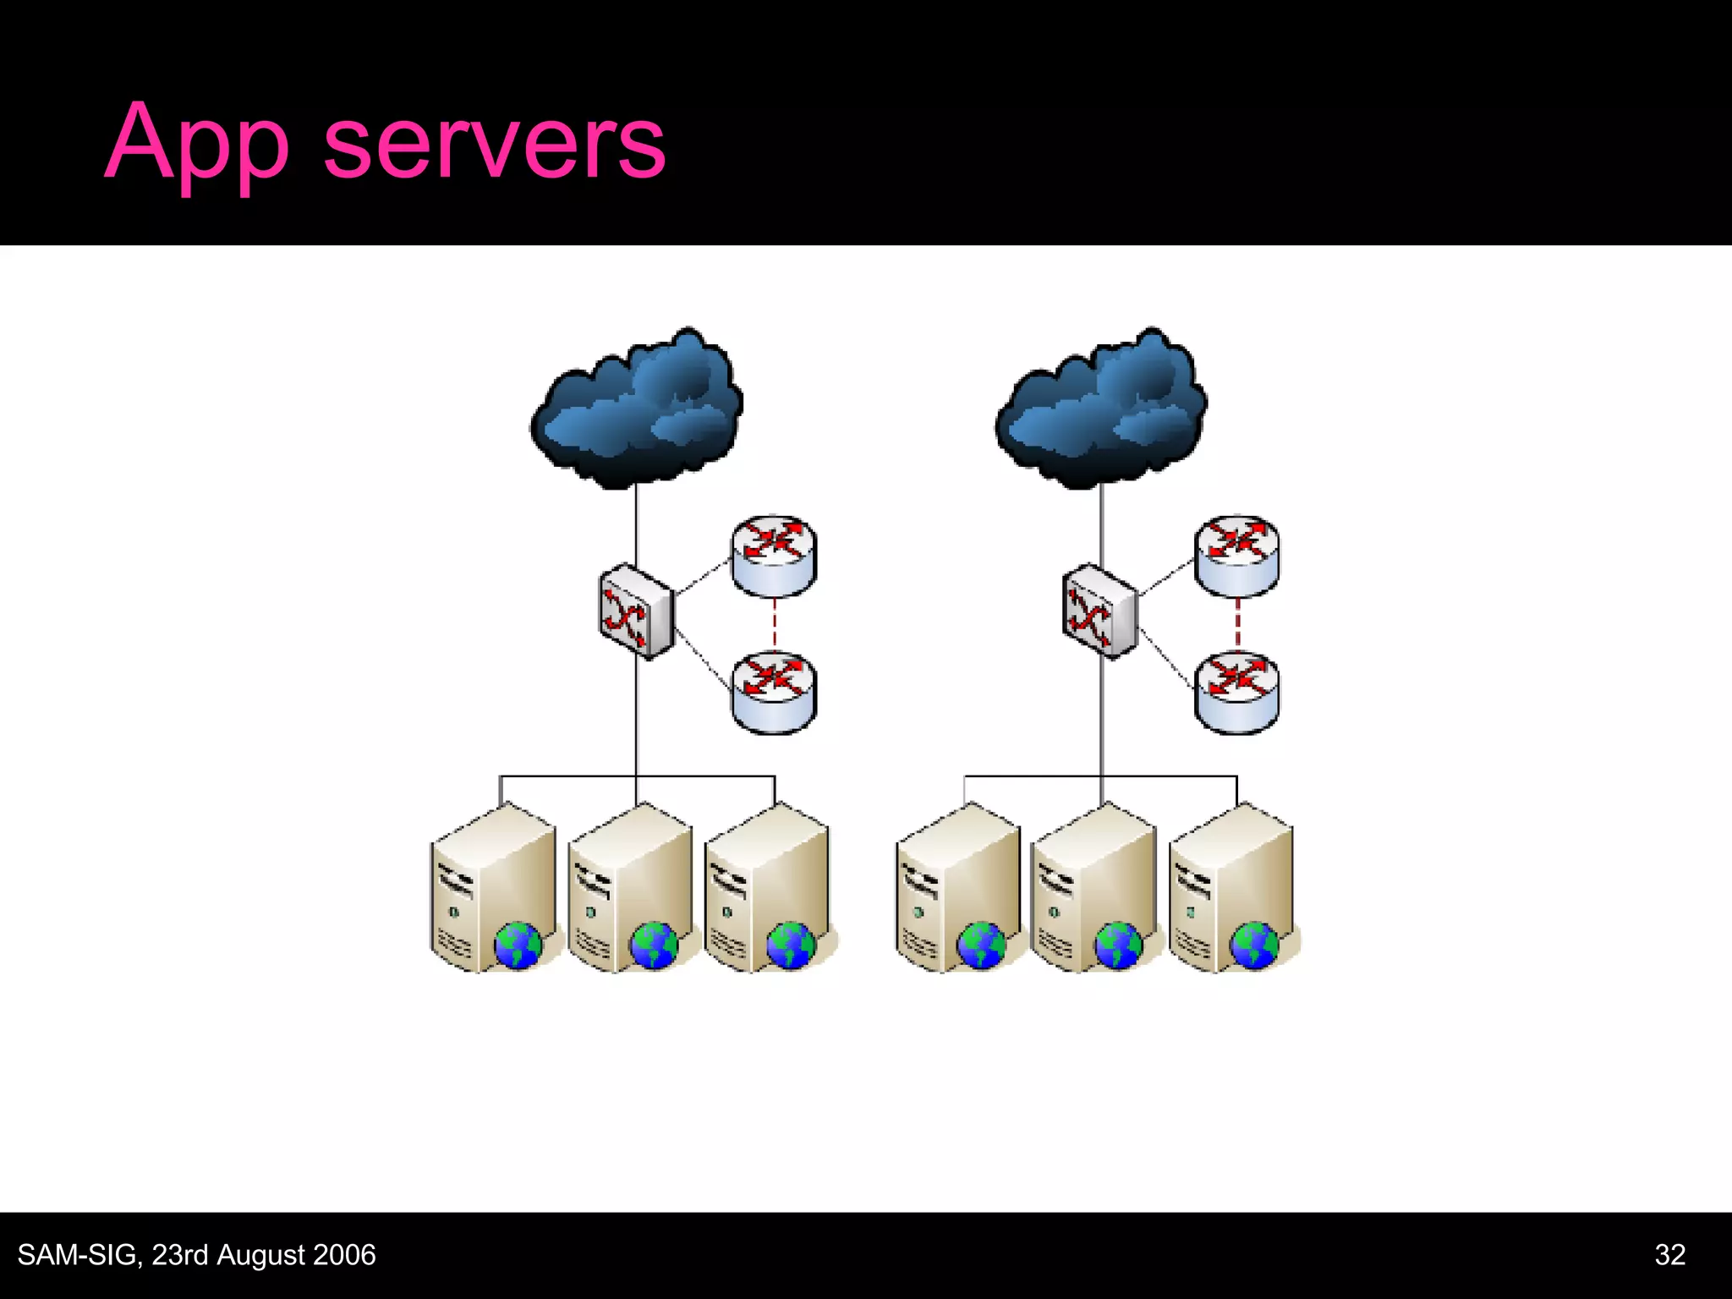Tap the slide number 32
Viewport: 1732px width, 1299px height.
pos(1669,1254)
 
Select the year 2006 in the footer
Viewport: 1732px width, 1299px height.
pos(342,1255)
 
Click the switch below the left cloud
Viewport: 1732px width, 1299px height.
pos(636,611)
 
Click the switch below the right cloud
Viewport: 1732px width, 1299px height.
pos(1099,611)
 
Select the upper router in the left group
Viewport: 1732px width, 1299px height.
pos(774,555)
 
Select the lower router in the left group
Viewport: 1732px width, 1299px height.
pos(774,691)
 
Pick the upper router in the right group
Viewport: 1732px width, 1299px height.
pos(1236,555)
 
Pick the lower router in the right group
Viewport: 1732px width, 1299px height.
pos(1236,691)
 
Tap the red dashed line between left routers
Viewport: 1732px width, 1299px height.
pos(775,624)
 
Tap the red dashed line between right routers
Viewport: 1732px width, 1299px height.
pos(1237,624)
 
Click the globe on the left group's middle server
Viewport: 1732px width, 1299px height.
pos(654,945)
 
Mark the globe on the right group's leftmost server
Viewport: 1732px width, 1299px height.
pos(982,945)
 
